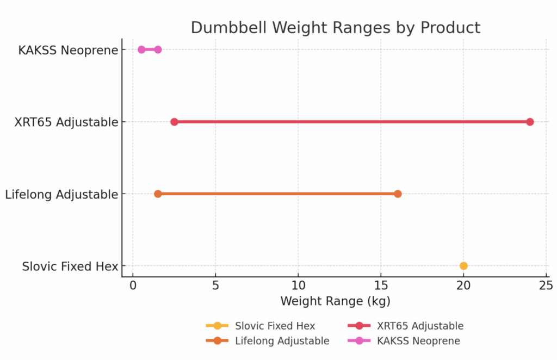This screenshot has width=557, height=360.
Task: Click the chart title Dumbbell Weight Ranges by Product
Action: (x=335, y=28)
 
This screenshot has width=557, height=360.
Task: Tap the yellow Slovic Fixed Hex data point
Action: (x=463, y=266)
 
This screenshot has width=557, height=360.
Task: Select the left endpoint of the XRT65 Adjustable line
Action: (x=174, y=122)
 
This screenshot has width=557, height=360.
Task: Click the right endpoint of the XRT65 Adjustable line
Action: (x=530, y=122)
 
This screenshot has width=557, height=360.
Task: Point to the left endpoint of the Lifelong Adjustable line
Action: (x=158, y=194)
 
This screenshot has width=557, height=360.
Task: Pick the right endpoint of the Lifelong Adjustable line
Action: (x=398, y=194)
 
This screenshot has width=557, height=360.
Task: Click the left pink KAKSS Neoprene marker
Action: (x=141, y=49)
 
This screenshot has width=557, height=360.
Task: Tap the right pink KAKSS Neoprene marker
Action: (x=158, y=49)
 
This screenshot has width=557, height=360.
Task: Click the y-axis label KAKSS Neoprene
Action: (x=68, y=51)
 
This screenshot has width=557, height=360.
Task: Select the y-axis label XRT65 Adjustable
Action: (x=66, y=122)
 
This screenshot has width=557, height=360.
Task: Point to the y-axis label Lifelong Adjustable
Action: (x=61, y=194)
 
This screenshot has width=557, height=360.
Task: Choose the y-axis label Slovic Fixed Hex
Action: (x=70, y=266)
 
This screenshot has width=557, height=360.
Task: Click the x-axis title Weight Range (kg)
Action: (x=335, y=301)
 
